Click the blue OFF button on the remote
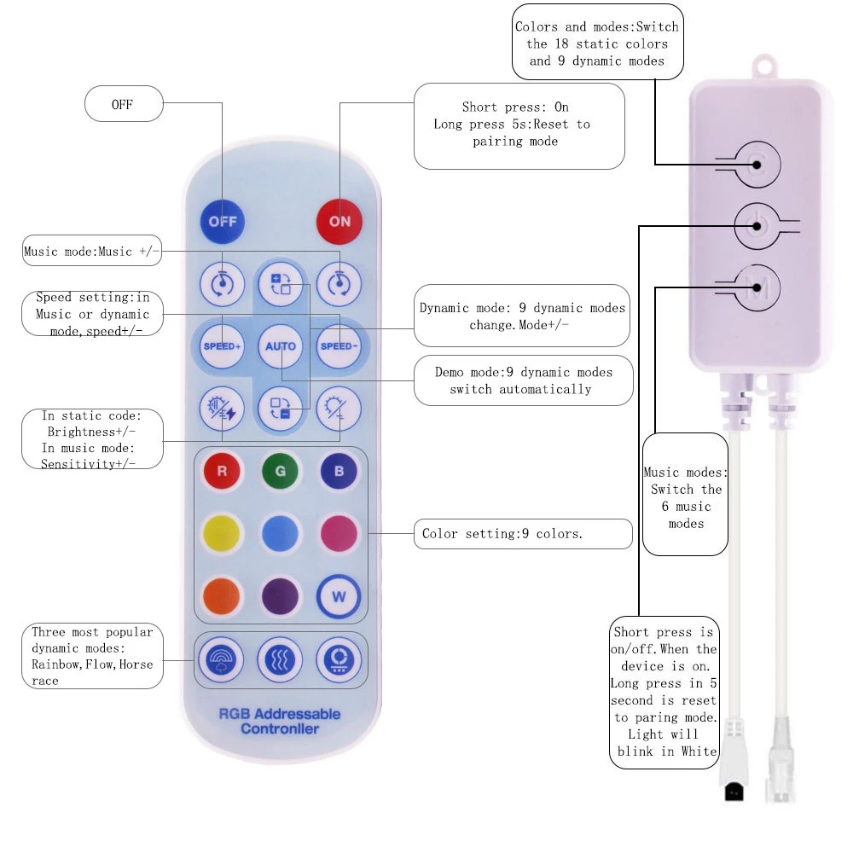tap(222, 222)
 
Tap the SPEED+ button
tap(222, 346)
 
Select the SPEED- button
tap(339, 346)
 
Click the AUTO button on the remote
tap(281, 346)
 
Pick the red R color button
tap(222, 471)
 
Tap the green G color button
tap(281, 471)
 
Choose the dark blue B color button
tap(339, 471)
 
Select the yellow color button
tap(222, 533)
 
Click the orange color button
tap(222, 595)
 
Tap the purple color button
tap(281, 595)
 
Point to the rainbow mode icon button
tap(222, 659)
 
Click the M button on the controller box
tap(756, 288)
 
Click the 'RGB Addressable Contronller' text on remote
tap(281, 721)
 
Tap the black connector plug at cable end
tap(733, 792)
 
